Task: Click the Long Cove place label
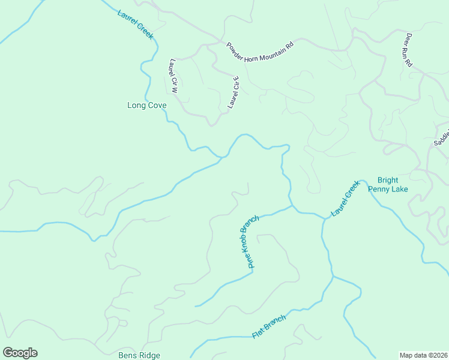click(146, 106)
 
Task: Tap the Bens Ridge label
click(139, 355)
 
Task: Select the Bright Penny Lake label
click(392, 184)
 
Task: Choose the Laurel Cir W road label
click(173, 76)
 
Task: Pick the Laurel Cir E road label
click(234, 93)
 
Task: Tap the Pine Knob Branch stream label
click(249, 241)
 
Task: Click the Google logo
click(20, 353)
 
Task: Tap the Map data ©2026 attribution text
click(424, 355)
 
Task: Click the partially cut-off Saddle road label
click(441, 136)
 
